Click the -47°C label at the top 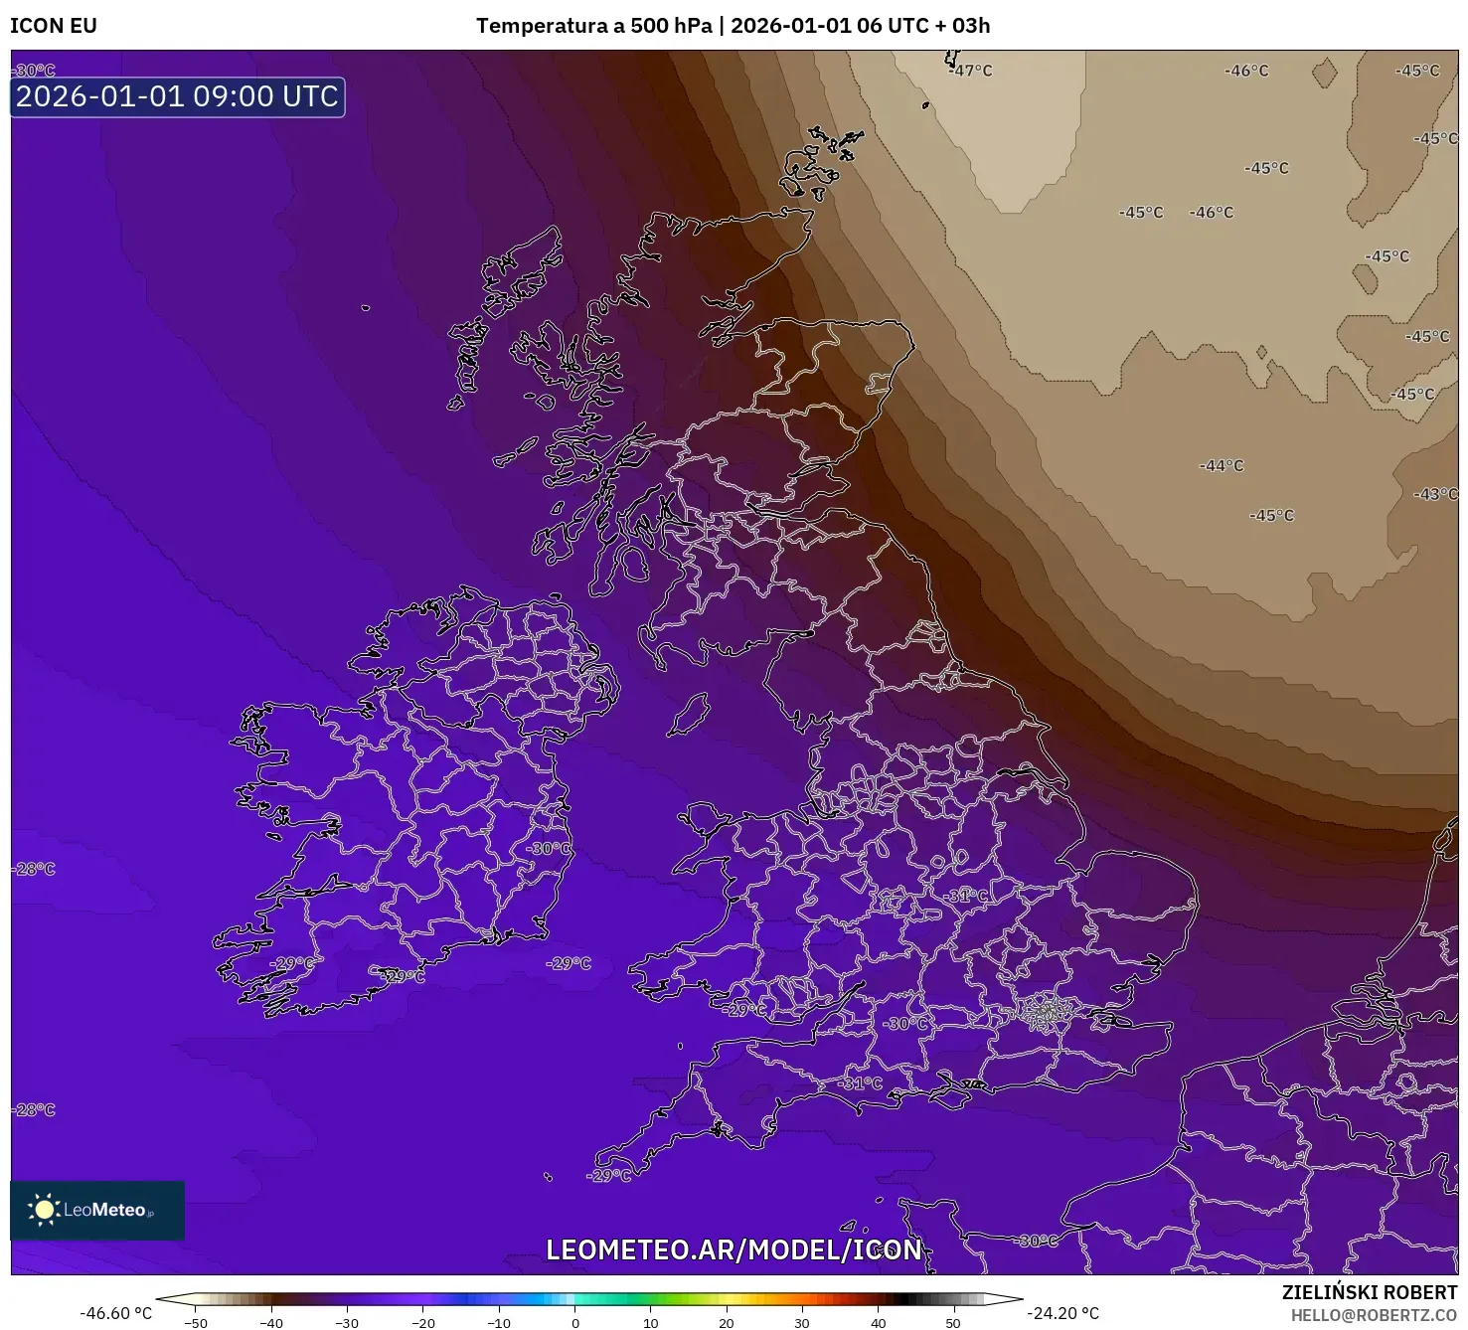[970, 71]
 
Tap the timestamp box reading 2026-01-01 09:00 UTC [178, 96]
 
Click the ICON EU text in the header [54, 26]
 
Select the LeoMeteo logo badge [97, 1210]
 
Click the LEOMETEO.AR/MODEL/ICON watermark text [734, 1249]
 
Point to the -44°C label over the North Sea [1221, 465]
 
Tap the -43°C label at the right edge [1435, 494]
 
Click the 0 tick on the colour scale [575, 1322]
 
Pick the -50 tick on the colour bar [196, 1322]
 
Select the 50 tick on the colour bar [953, 1322]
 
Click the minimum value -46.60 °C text [116, 1313]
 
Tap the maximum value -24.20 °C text [1063, 1313]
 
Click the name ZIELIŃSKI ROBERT [1369, 1293]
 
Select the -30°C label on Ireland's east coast [548, 848]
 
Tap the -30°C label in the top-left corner [35, 71]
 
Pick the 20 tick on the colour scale [727, 1322]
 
